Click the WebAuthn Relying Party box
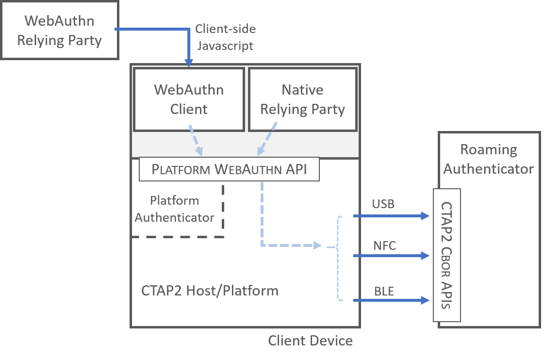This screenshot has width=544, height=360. [x=59, y=31]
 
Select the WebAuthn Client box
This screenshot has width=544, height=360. [x=189, y=99]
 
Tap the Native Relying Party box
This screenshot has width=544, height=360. [x=302, y=99]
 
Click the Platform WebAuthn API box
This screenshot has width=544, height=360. [x=229, y=169]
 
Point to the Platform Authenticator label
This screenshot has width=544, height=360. [x=175, y=209]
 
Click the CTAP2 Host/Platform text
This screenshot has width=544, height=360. [x=210, y=291]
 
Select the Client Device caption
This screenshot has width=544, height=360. [x=310, y=341]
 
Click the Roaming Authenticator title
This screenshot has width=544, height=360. [x=488, y=159]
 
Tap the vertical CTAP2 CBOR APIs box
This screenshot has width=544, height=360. [x=446, y=255]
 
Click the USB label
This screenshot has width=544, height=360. [x=383, y=204]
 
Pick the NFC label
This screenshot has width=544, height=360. [x=384, y=245]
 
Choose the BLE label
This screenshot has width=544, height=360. [x=384, y=292]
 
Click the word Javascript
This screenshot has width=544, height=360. [x=224, y=46]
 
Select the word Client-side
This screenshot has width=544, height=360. [x=225, y=29]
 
